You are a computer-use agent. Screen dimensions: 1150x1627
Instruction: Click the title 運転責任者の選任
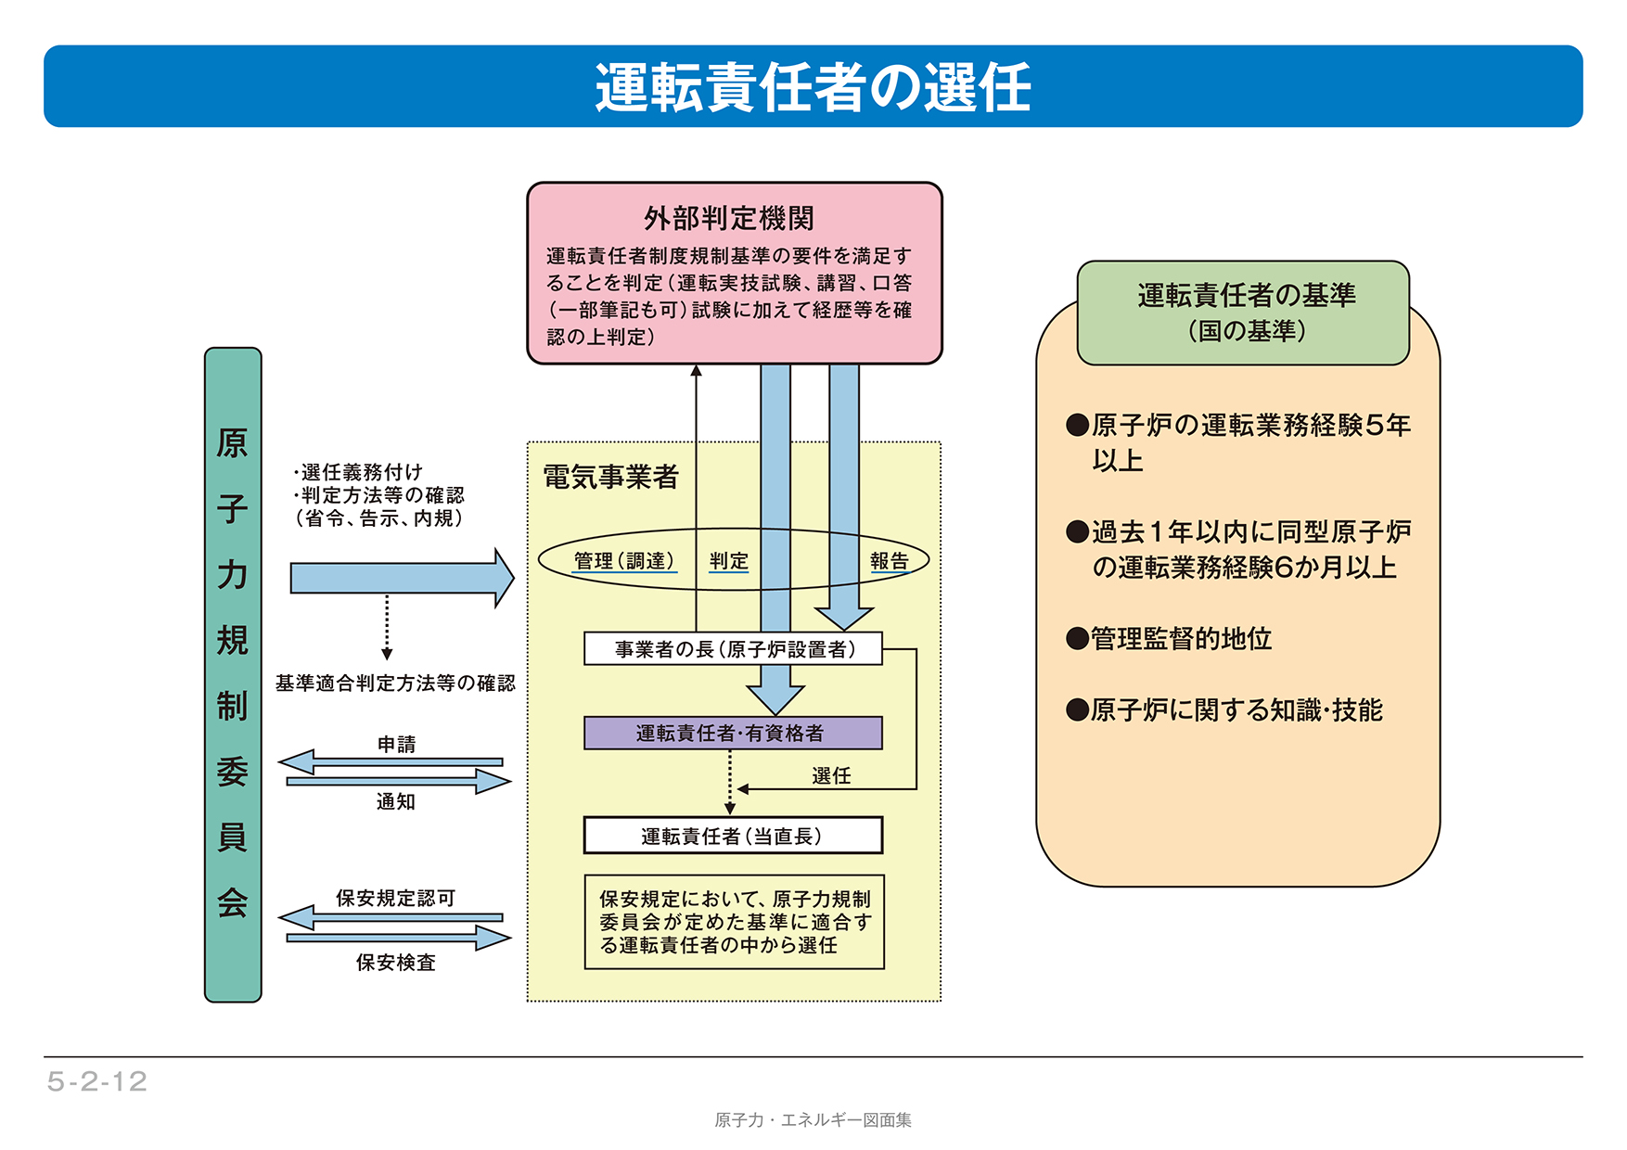813,87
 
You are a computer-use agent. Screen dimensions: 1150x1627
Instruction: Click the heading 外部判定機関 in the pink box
729,219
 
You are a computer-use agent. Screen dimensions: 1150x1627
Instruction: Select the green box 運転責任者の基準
1244,312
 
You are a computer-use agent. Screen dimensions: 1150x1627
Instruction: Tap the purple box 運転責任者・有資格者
732,733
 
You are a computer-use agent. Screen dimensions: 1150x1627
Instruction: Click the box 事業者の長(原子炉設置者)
732,649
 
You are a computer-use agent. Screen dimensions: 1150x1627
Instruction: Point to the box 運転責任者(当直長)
732,836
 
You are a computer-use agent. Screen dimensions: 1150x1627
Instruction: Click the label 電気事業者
610,477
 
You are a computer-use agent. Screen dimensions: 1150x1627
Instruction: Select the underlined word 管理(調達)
624,560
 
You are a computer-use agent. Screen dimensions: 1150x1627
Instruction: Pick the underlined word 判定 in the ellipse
728,560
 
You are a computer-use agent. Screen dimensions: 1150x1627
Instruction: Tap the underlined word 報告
889,560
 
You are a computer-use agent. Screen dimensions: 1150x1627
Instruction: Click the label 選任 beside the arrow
830,775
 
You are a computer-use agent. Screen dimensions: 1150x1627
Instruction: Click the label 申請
396,744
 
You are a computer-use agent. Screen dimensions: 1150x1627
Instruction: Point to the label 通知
396,801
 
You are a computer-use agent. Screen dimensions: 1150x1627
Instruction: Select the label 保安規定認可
396,898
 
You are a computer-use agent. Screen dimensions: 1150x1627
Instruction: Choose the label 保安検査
396,963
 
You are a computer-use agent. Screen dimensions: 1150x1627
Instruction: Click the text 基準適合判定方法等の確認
395,684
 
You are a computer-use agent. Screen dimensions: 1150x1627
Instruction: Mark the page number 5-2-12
97,1081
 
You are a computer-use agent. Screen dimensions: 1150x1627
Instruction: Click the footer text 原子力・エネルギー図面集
813,1120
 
